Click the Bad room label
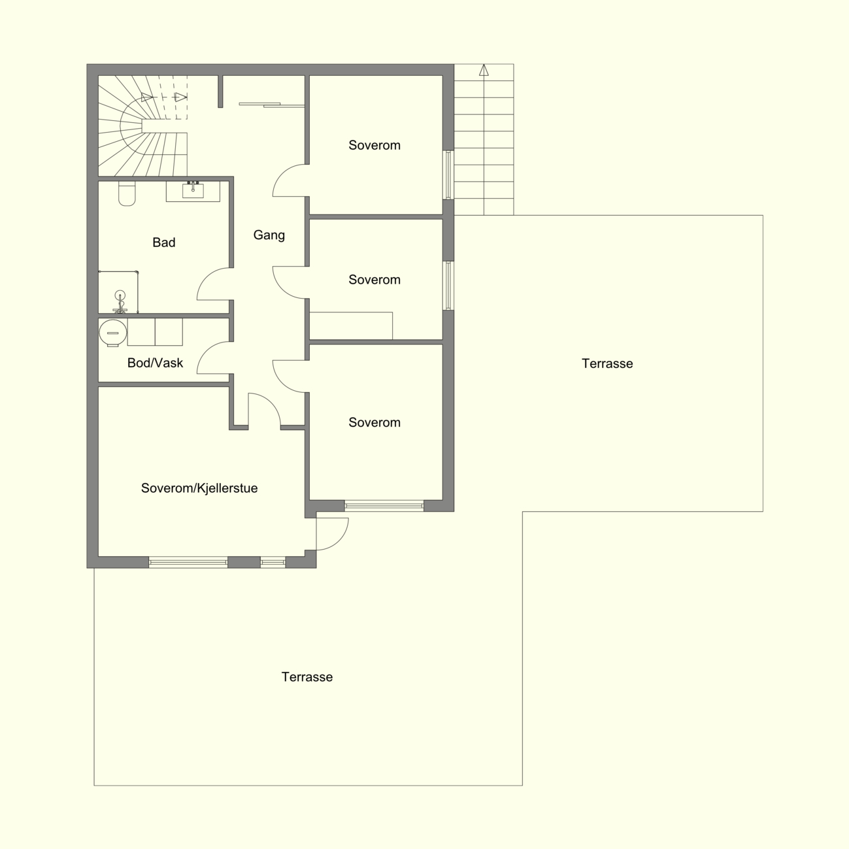coord(164,242)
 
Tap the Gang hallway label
coord(269,235)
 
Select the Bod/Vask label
coord(155,363)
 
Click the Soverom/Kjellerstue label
coord(199,488)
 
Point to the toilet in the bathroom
coord(127,193)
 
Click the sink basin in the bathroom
coord(193,191)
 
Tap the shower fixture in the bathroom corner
coord(120,302)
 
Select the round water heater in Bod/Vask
coord(113,333)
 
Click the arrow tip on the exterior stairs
coord(484,65)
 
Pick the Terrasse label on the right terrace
coord(607,363)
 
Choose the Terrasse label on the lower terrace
coord(307,676)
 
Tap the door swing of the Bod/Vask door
coord(207,350)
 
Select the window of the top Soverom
coord(448,175)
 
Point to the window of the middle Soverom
coord(448,286)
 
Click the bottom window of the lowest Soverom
coord(384,506)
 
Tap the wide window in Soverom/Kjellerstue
coord(188,562)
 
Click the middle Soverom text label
coord(375,280)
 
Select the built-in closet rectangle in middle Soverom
coord(351,325)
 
